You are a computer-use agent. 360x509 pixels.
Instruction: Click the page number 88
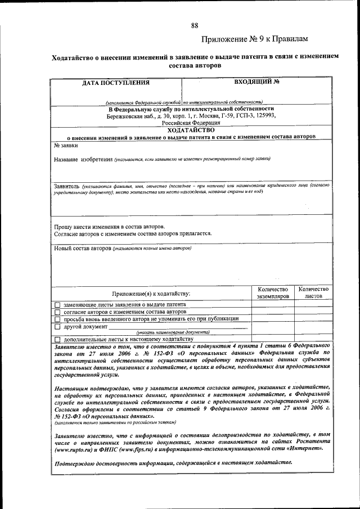(x=195, y=26)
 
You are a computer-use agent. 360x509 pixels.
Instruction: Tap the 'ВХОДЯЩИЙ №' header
(x=257, y=82)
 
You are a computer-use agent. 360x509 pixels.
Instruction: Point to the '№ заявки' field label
(x=66, y=145)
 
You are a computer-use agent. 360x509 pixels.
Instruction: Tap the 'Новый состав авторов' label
(x=83, y=248)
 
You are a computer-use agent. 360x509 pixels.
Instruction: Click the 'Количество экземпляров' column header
(x=273, y=292)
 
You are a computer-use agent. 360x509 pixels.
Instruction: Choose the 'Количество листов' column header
(x=314, y=292)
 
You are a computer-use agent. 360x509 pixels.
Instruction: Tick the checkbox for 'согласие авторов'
(x=57, y=312)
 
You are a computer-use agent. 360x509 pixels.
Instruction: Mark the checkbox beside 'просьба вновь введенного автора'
(x=57, y=318)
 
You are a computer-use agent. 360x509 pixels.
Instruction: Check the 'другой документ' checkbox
(x=57, y=326)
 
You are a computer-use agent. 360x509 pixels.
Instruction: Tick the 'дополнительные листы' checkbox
(x=57, y=340)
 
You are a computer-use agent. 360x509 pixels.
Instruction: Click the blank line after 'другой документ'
(x=177, y=326)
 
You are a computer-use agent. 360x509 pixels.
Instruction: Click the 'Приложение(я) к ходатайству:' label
(x=151, y=294)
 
